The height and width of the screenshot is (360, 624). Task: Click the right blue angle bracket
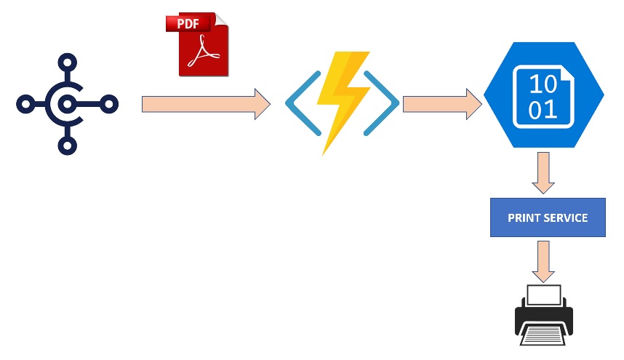coord(385,103)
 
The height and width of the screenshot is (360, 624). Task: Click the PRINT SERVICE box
coord(548,217)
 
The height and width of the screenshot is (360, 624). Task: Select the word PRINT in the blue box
coord(524,217)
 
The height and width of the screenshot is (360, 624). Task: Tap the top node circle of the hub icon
coord(67,62)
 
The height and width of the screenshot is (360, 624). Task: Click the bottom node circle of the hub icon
coord(67,146)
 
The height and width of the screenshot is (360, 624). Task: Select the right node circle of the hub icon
coord(109,104)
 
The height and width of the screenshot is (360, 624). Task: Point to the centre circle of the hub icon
coord(67,104)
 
